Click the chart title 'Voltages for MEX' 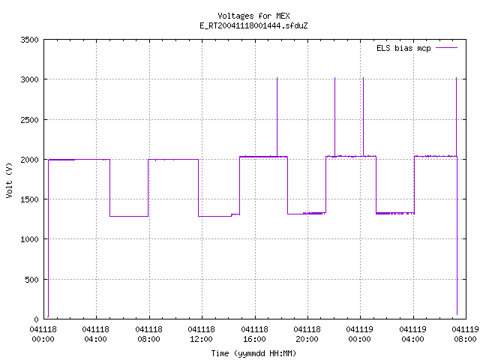(x=253, y=16)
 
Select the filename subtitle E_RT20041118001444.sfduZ (x=253, y=25)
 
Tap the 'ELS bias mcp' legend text (x=403, y=48)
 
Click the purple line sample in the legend (x=446, y=48)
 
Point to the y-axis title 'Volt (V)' (x=10, y=180)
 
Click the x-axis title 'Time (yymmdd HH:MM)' (x=253, y=353)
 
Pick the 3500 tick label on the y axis (x=29, y=40)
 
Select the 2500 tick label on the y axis (x=29, y=120)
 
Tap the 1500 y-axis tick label (x=29, y=199)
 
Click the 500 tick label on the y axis (x=31, y=280)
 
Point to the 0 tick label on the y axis (x=37, y=319)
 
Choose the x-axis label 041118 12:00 (x=202, y=334)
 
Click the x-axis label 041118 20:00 (x=307, y=334)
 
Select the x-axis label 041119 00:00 (x=360, y=334)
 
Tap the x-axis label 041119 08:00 (x=465, y=334)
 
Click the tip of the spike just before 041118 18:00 (x=277, y=78)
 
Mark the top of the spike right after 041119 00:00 (x=363, y=78)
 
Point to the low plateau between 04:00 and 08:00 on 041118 (x=129, y=216)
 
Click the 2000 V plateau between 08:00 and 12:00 (x=173, y=160)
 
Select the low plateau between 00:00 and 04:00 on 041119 (x=395, y=213)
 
